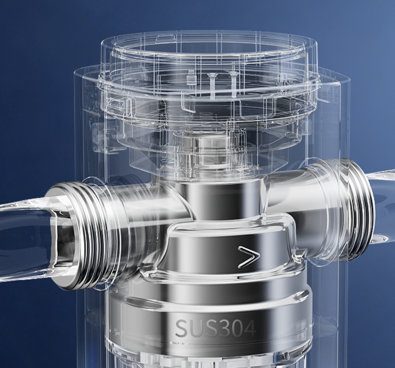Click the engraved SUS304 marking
pos(215,328)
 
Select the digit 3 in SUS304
pos(220,328)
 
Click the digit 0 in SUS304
pos(234,328)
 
